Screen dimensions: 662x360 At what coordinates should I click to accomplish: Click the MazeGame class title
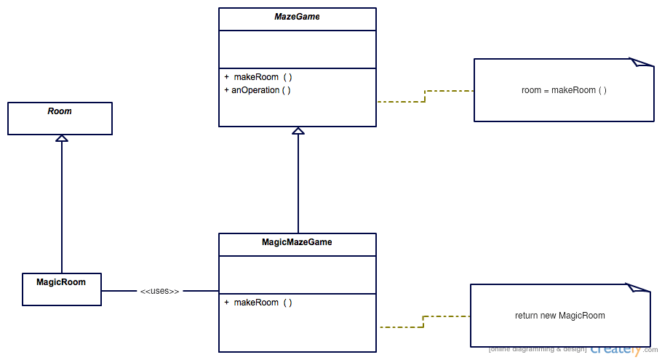(x=297, y=17)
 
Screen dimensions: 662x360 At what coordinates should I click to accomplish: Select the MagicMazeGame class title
(x=297, y=242)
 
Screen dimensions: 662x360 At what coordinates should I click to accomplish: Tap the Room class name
(x=60, y=111)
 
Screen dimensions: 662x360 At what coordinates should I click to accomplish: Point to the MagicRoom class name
(x=61, y=282)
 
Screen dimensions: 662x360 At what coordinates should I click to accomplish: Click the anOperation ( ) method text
(x=258, y=90)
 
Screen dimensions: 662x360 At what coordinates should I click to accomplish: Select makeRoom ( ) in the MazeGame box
(x=258, y=77)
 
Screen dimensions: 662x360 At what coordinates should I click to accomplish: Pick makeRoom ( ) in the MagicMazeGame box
(x=258, y=303)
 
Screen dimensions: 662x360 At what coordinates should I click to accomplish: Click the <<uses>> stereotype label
(x=159, y=291)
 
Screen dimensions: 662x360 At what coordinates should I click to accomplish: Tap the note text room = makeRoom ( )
(x=564, y=90)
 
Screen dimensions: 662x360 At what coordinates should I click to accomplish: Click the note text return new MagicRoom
(x=560, y=316)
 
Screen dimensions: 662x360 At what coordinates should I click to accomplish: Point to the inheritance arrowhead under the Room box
(x=62, y=138)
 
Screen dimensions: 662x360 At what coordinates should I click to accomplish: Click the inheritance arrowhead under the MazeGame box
(x=298, y=130)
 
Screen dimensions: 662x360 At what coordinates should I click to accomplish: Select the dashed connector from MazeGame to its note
(x=425, y=96)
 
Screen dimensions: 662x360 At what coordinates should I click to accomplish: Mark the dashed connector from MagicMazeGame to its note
(x=423, y=321)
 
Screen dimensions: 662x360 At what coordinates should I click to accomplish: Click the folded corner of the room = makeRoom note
(x=642, y=63)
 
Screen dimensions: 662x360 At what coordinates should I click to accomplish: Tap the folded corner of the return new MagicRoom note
(x=638, y=288)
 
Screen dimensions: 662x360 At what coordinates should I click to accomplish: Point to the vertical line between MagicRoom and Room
(x=62, y=207)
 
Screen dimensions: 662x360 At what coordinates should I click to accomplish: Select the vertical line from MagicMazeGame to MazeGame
(x=298, y=183)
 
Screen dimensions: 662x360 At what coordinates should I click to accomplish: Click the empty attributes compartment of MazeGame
(x=298, y=49)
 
